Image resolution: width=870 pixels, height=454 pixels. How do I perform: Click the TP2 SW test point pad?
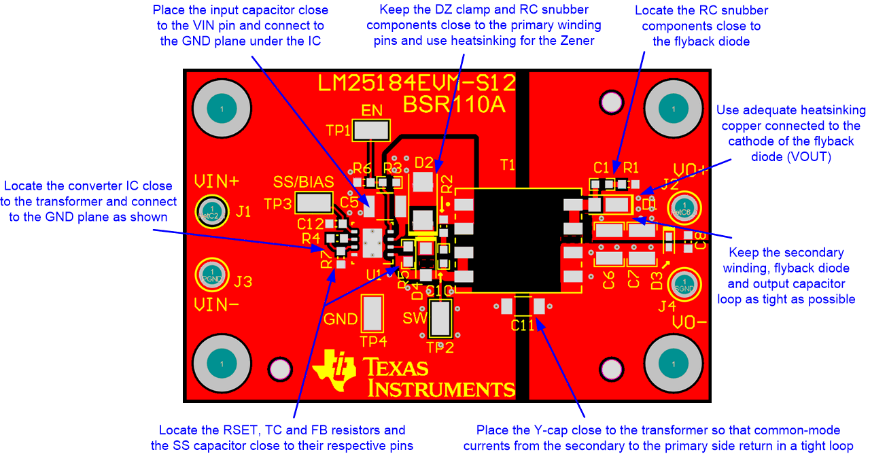click(x=441, y=318)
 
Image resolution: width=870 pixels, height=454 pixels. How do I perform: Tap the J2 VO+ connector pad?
click(x=684, y=208)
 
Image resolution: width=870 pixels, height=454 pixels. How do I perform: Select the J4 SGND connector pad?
click(x=684, y=283)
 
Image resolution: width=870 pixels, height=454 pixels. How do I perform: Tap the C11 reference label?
click(x=523, y=326)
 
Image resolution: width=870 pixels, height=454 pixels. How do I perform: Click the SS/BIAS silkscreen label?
click(x=303, y=182)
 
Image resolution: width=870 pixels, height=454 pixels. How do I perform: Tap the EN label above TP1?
click(x=372, y=110)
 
